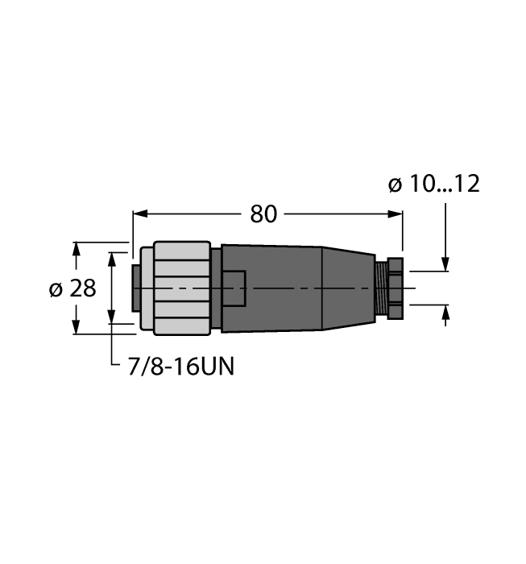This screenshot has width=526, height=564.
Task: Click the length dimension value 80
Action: (263, 214)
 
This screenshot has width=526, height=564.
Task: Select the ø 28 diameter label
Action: (72, 288)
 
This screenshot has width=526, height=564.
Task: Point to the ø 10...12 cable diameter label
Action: (433, 185)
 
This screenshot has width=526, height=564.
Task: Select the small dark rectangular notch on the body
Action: (234, 288)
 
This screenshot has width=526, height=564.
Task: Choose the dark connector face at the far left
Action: (135, 288)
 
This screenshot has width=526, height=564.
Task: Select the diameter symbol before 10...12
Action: (395, 185)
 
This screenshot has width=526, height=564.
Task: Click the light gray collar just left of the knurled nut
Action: (146, 288)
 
